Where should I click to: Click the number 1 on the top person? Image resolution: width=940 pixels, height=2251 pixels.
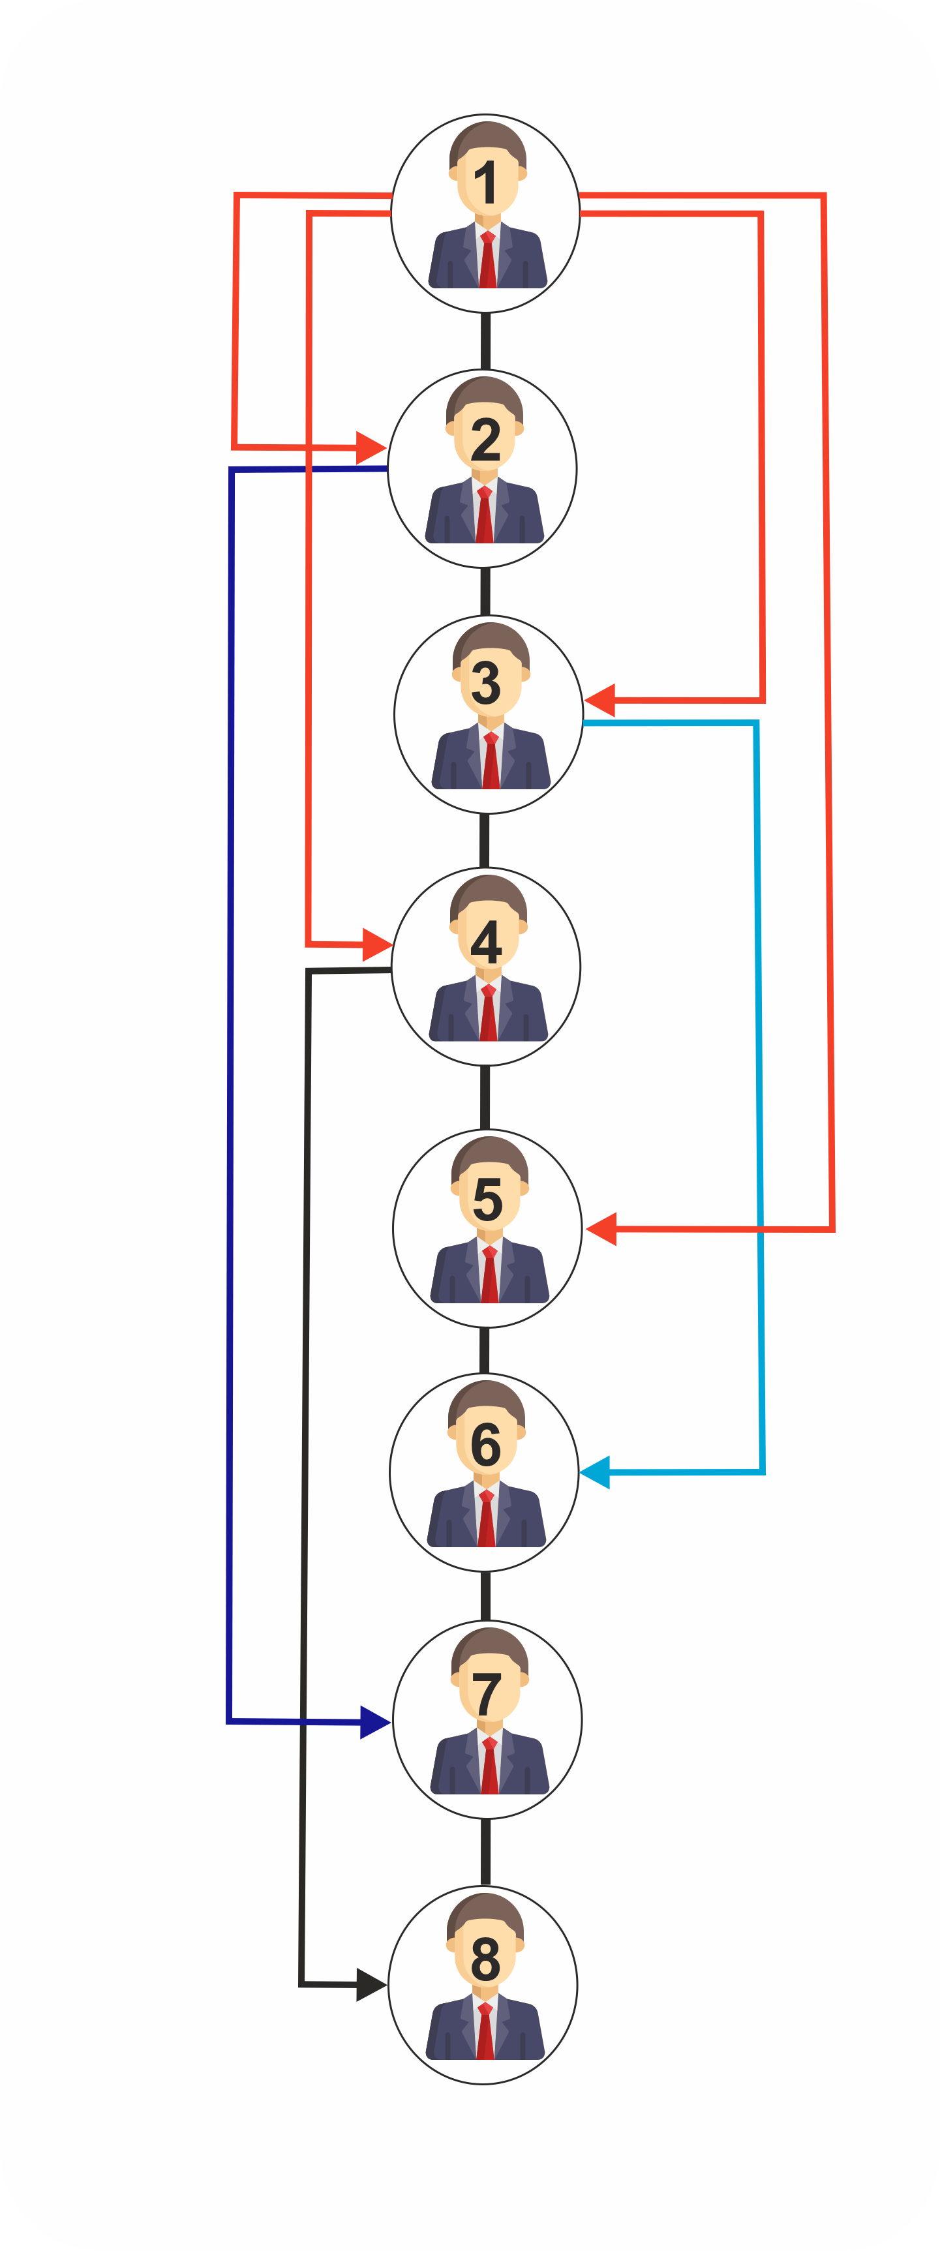[x=486, y=183]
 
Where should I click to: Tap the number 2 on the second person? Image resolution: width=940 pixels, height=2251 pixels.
[x=486, y=440]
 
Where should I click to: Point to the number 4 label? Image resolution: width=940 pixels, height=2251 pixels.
[x=486, y=942]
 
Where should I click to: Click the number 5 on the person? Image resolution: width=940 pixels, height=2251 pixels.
[x=487, y=1199]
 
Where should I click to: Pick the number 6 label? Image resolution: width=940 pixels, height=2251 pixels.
[x=486, y=1445]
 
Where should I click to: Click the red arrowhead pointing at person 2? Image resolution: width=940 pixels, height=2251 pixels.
[x=371, y=447]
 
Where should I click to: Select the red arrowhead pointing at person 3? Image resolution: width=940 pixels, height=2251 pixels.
[x=600, y=700]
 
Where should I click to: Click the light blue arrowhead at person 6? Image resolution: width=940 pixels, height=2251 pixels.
[x=595, y=1472]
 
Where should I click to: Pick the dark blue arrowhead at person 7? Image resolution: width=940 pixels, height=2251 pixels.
[x=375, y=1722]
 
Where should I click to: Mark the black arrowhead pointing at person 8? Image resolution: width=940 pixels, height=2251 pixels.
[x=371, y=1984]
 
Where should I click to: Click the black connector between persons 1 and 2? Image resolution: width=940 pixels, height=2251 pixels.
[x=486, y=340]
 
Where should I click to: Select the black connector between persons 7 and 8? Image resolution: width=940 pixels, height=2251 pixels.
[x=486, y=1852]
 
